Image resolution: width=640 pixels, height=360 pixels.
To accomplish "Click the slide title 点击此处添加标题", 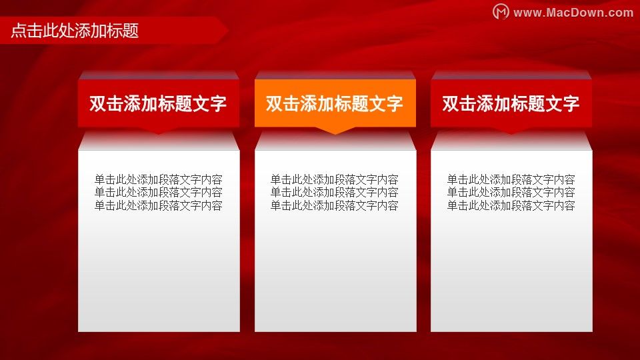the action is pos(75,31).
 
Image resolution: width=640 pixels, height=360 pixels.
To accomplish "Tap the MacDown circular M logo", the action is pos(501,11).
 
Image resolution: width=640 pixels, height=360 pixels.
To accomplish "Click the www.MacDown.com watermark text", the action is pos(573,13).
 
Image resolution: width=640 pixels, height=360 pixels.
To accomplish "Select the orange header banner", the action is pos(335,103).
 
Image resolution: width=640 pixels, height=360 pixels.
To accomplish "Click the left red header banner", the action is pos(159,103).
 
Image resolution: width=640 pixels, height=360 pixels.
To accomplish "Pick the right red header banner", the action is pos(511,103).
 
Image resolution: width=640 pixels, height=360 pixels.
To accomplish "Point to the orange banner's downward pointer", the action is pos(335,130).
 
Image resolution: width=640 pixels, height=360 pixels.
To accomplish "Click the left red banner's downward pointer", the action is pos(159,130).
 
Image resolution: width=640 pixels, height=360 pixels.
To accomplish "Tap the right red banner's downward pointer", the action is pos(511,130).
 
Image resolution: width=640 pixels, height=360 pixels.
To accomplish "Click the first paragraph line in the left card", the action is pos(159,179).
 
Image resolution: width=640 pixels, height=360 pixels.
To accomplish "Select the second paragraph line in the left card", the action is pos(159,192).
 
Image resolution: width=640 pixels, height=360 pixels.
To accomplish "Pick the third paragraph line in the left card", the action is pos(159,205).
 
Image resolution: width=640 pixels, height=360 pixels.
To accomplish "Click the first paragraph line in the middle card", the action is pos(334,179).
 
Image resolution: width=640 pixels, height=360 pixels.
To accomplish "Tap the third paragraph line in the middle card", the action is pos(334,205).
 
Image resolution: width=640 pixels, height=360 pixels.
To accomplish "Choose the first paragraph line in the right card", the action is pos(511,179).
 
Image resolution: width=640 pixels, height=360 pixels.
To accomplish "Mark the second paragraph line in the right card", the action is pos(511,192).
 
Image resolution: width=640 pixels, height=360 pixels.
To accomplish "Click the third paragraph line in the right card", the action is pos(511,205).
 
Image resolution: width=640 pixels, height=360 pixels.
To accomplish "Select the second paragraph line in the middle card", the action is pos(334,192).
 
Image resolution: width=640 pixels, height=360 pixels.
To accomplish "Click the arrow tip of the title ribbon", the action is pos(228,30).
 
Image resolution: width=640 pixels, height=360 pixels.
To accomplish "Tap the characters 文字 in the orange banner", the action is pos(386,104).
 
